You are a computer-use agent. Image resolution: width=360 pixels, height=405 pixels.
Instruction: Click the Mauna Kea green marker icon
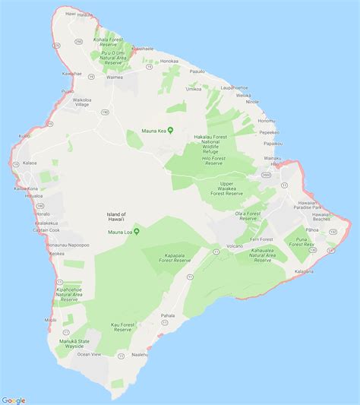171,129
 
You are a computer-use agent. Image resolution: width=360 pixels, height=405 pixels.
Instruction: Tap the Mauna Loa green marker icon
136,232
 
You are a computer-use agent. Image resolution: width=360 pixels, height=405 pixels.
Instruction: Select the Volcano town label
234,246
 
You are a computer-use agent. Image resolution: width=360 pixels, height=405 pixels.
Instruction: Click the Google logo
14,400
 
